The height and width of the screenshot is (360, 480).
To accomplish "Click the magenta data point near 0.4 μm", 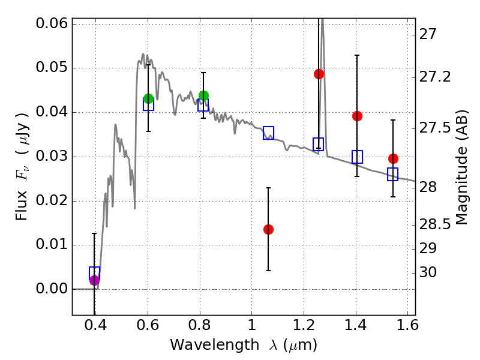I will (94, 280).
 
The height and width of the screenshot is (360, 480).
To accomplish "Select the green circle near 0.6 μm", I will (148, 98).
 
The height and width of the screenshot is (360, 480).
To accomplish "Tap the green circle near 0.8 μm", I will (203, 95).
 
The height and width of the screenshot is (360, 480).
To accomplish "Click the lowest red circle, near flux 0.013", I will (268, 229).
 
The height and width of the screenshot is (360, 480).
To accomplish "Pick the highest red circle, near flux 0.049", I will (319, 74).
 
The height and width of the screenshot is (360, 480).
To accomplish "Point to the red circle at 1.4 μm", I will (357, 116).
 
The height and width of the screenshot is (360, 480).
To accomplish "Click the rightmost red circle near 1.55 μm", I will (393, 158).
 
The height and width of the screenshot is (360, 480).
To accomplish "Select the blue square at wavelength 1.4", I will (357, 157).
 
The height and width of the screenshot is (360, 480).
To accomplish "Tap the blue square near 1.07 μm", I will (268, 133).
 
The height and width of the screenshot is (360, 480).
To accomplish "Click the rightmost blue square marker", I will (393, 175).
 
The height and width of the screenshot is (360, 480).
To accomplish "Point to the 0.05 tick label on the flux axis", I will (52, 68).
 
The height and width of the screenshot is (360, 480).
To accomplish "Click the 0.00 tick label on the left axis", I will (52, 289).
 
